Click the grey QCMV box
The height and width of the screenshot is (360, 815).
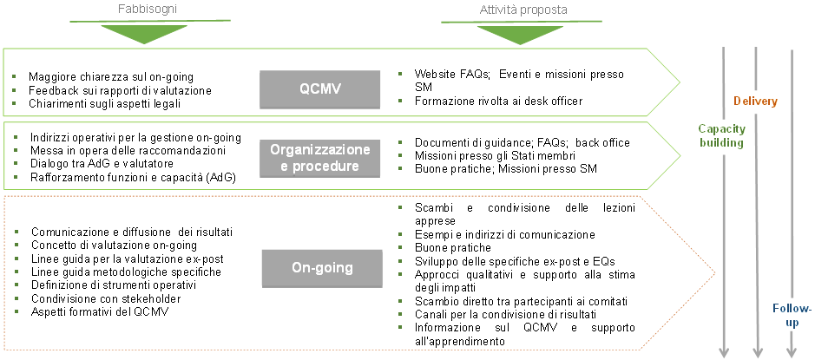(319, 89)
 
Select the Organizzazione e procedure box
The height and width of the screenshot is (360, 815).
(319, 158)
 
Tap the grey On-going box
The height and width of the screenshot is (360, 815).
(319, 268)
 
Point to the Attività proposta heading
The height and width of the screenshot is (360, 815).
(523, 10)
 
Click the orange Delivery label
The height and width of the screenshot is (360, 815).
(755, 101)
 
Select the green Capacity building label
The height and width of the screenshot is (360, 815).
(721, 135)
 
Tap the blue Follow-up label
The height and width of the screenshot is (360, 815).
(792, 315)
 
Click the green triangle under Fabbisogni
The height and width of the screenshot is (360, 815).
(143, 34)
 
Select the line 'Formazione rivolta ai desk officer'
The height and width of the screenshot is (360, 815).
(498, 101)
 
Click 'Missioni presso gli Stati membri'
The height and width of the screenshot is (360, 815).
(496, 155)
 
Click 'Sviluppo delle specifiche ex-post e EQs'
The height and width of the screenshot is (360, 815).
(515, 261)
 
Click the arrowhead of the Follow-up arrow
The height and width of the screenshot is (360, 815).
(791, 351)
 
